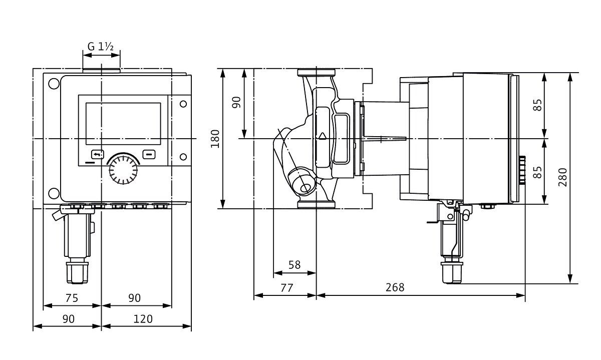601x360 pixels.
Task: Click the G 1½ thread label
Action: tap(101, 47)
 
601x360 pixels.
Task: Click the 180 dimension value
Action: tap(215, 139)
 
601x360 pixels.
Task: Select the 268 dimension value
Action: tap(395, 287)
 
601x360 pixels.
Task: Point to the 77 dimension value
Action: tap(285, 287)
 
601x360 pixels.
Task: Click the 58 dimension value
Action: tap(295, 265)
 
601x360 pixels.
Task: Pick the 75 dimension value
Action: tap(72, 298)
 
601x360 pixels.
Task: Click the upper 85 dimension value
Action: tap(537, 105)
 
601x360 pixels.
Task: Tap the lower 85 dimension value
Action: tap(537, 172)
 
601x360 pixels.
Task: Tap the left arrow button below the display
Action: tap(97, 154)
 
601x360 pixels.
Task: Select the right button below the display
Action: tap(149, 154)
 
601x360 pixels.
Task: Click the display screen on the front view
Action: tap(123, 123)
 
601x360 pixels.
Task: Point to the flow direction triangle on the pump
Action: tap(323, 135)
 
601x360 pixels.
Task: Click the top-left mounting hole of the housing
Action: tap(53, 84)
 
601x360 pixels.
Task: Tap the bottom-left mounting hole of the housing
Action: tap(53, 193)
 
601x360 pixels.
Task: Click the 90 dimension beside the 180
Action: tap(236, 103)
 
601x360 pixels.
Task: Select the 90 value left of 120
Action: tap(69, 318)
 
